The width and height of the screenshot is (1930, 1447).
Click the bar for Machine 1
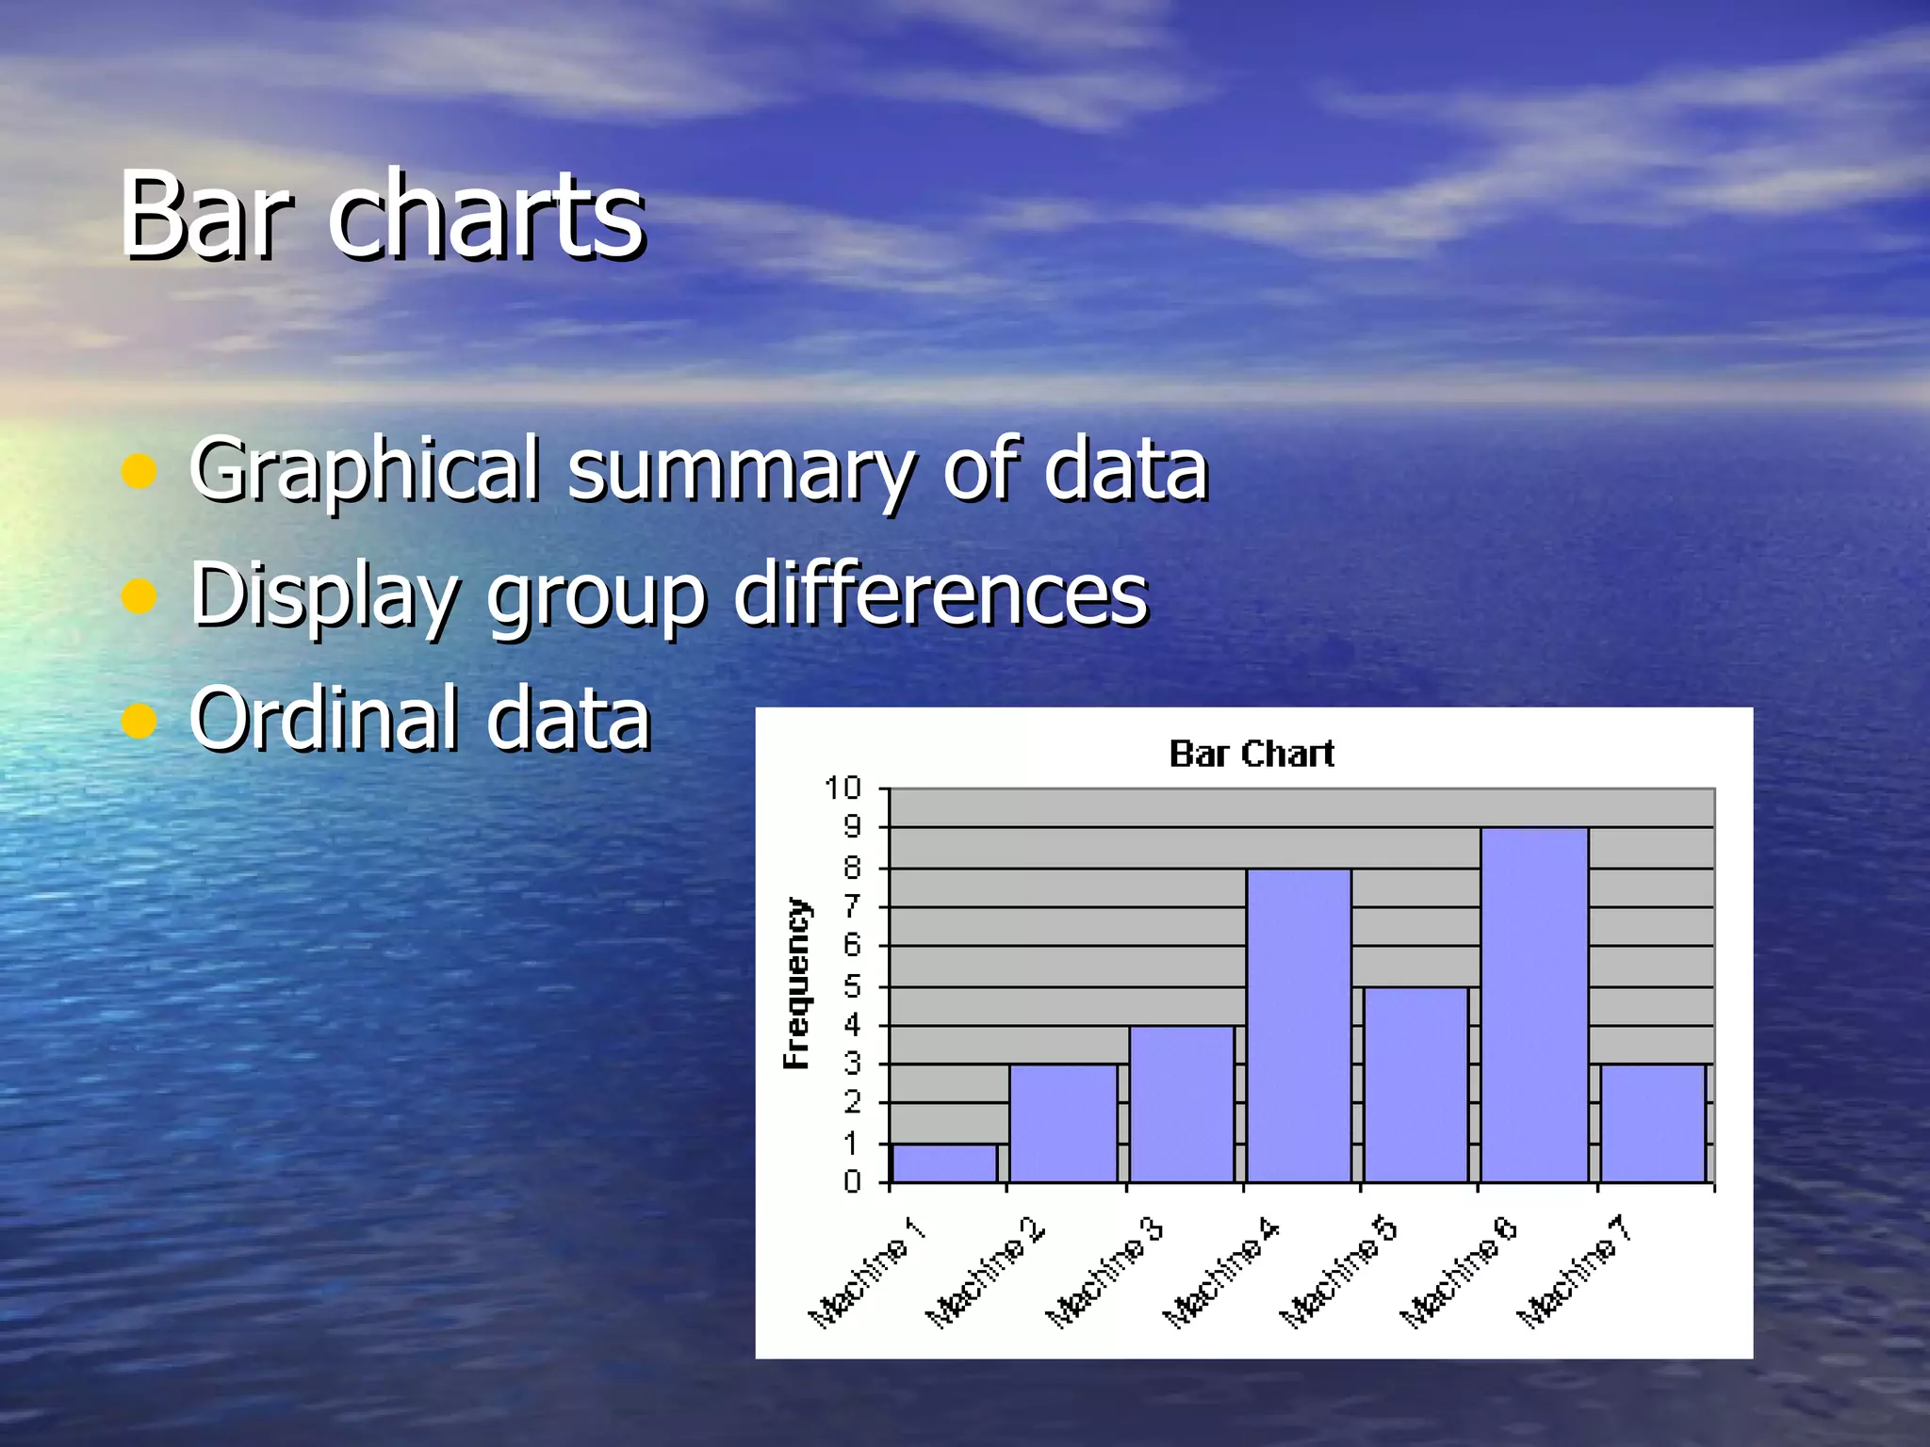944,1163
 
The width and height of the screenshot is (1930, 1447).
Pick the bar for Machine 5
1415,1084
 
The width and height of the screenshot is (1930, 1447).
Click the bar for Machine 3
1181,1104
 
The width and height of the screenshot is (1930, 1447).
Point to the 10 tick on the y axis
842,788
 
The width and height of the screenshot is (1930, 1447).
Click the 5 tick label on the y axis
852,986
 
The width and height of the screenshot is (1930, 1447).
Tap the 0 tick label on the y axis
852,1181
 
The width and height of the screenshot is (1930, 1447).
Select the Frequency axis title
797,983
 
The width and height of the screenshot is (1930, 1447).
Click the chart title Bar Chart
1251,754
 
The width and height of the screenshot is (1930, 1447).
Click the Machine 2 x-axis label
986,1272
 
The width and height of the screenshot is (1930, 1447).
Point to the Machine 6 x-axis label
1458,1272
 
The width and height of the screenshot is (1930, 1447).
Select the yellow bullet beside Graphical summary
139,471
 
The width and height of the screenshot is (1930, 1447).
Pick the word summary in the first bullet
740,471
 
